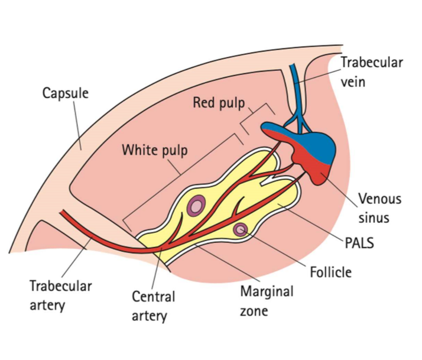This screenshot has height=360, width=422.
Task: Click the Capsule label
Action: point(65,93)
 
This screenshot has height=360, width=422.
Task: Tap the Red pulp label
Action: point(218,103)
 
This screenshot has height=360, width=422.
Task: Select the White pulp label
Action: point(154,150)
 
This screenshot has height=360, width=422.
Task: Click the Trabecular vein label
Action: point(371,72)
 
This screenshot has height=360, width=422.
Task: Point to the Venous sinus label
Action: point(379,207)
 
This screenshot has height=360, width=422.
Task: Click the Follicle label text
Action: point(330,272)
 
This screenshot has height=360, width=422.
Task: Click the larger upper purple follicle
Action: point(195,206)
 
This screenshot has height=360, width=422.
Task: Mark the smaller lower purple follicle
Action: point(241,229)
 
